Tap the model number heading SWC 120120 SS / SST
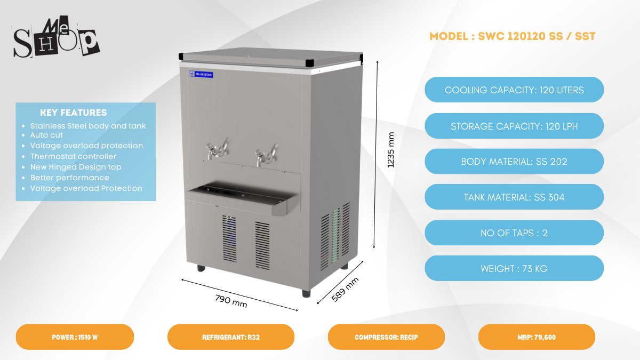pos(512,36)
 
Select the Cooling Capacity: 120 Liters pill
pos(514,90)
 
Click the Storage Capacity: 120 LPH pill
pos(514,126)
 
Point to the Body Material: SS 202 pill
pos(514,162)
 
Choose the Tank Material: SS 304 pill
pos(514,197)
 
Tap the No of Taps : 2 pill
pos(514,233)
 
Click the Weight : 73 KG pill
pos(514,268)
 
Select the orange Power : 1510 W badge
pos(75,337)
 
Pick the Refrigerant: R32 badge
pos(231,337)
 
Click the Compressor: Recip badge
pos(386,337)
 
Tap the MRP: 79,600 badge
pos(537,337)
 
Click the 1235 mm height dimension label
pos(391,150)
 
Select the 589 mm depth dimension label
pos(345,290)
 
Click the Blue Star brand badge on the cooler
pos(202,75)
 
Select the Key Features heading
pos(74,113)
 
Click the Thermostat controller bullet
pos(73,156)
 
